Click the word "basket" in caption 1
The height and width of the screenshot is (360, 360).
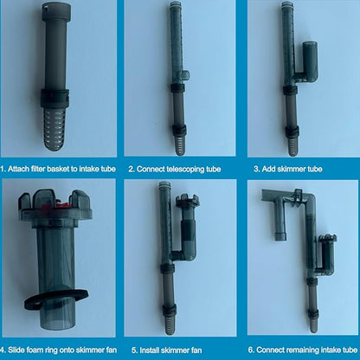(59, 169)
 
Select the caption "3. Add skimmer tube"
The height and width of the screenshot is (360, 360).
(288, 169)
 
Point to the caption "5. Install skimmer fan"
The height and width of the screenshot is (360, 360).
(166, 350)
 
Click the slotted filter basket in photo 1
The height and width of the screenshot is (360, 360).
(55, 127)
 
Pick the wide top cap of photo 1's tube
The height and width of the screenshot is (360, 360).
(56, 10)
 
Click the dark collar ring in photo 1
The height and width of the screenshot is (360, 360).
(55, 97)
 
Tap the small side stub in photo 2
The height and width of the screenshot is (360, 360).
(186, 75)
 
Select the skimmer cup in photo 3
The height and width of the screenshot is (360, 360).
(310, 61)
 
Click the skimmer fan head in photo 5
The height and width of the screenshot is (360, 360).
(188, 201)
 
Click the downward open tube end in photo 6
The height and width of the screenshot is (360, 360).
(280, 236)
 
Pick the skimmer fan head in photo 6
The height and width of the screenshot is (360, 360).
(328, 239)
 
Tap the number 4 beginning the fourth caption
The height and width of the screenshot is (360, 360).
(3, 350)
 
